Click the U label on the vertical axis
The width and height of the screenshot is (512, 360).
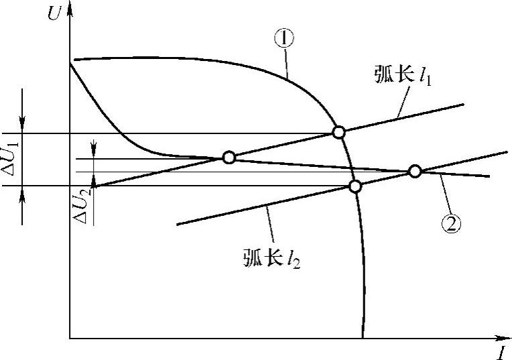coord(53,13)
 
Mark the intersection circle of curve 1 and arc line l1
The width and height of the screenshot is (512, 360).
coord(339,132)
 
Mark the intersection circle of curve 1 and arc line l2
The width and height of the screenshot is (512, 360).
coord(356,186)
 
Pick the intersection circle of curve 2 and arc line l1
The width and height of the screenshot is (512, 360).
coord(229,158)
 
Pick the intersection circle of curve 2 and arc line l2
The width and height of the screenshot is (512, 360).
coord(415,171)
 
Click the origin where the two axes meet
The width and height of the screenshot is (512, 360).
coord(70,338)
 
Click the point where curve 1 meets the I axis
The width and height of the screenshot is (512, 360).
coord(363,338)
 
